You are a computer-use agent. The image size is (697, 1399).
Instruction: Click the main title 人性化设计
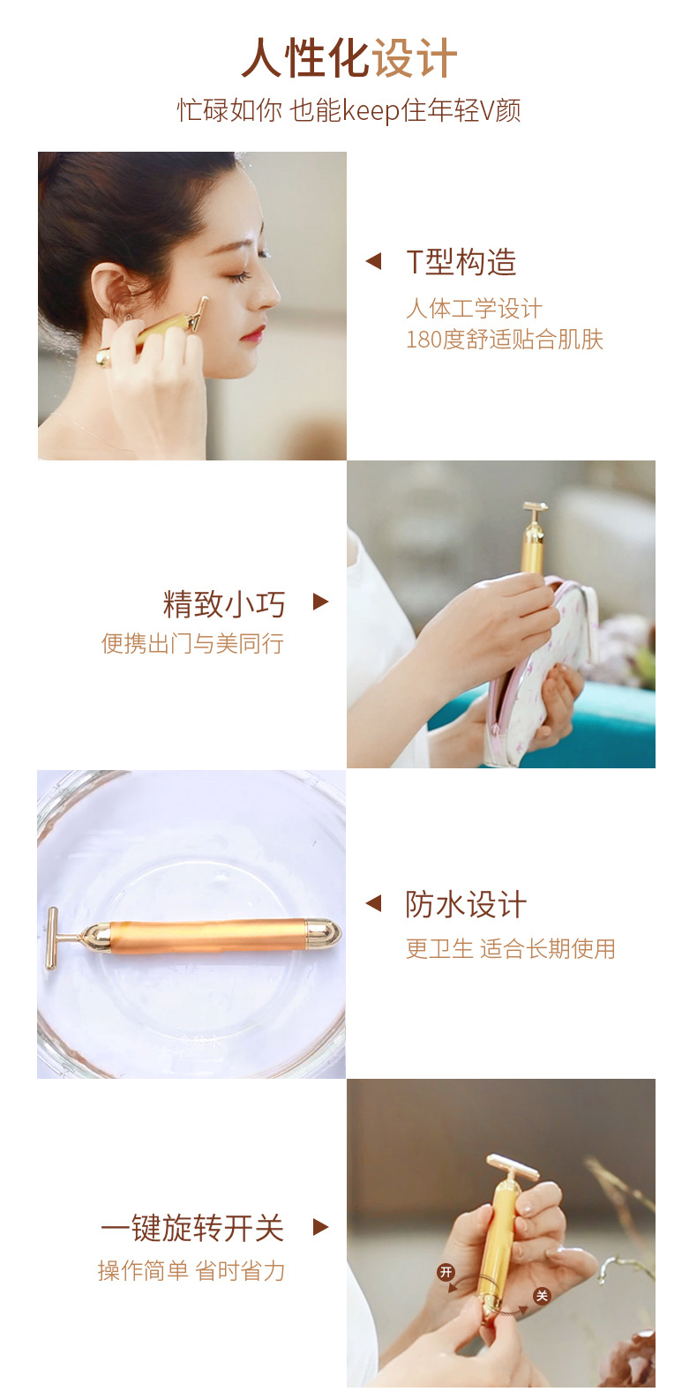[349, 59]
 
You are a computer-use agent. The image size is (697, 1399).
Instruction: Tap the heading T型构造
[461, 262]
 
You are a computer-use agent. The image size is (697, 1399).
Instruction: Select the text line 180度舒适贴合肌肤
[504, 340]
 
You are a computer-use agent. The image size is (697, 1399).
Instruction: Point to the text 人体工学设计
[474, 309]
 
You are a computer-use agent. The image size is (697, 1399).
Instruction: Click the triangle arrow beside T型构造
[373, 261]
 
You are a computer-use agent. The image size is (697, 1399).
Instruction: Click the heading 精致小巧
[224, 605]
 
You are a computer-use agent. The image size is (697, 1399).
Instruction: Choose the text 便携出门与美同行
[192, 644]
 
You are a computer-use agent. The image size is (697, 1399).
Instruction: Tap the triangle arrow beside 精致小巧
[320, 602]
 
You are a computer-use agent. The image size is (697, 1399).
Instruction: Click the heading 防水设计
[466, 904]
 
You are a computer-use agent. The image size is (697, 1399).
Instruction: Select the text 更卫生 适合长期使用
[510, 949]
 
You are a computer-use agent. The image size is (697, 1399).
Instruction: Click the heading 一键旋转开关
[191, 1228]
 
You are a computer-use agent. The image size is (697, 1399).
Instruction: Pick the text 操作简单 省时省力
[191, 1271]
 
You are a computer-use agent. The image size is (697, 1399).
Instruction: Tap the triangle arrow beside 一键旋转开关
[320, 1227]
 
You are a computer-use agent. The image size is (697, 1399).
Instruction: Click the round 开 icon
[446, 1272]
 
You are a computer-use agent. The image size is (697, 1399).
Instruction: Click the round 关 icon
[541, 1295]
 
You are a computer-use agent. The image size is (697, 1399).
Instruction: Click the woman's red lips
[254, 333]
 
